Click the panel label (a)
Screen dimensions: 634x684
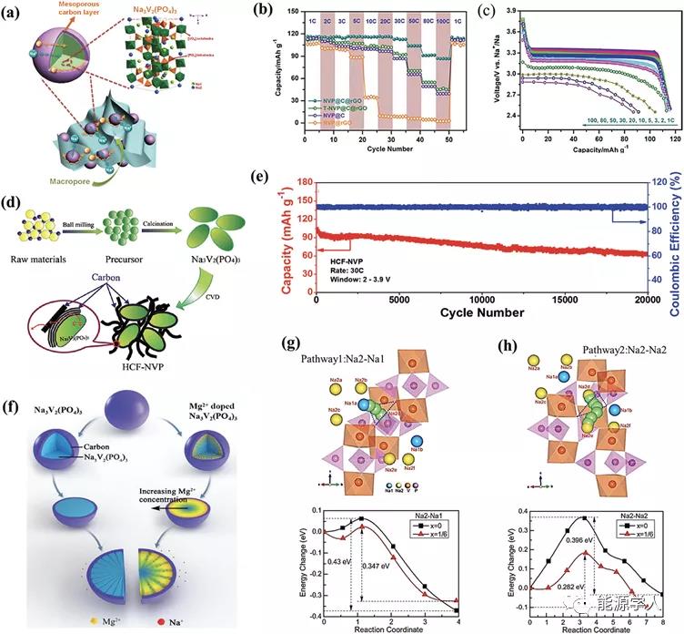tap(17, 16)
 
